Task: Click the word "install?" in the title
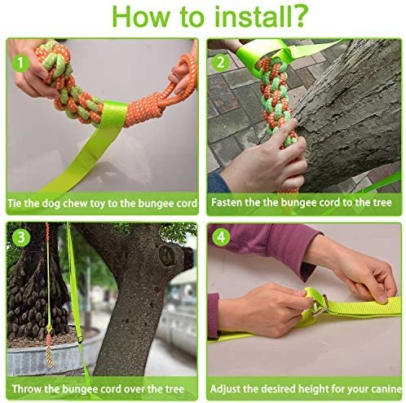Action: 261,17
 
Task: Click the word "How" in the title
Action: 141,17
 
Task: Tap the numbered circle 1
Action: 20,63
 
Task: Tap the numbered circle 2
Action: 220,63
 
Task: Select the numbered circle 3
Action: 21,237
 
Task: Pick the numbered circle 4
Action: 221,237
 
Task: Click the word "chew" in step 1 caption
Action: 75,203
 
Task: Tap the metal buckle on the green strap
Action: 320,305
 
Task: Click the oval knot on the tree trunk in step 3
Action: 166,255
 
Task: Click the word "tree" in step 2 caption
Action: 382,202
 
